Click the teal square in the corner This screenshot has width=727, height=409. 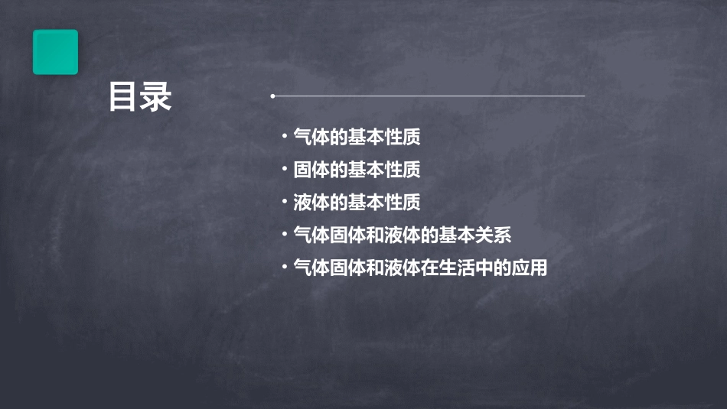click(x=55, y=52)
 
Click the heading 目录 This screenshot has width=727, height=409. click(x=140, y=98)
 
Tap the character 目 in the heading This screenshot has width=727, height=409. click(x=123, y=98)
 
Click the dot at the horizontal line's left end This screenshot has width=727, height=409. click(x=272, y=96)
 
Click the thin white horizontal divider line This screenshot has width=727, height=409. click(x=429, y=96)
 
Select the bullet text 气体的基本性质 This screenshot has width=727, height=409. click(x=357, y=138)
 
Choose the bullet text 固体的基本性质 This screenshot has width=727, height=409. click(x=357, y=170)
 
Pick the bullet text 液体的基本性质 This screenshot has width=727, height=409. click(x=357, y=203)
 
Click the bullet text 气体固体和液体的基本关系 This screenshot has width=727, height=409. click(x=402, y=235)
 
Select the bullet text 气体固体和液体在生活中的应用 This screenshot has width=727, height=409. click(x=420, y=268)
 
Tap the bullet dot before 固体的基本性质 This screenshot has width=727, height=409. click(x=284, y=169)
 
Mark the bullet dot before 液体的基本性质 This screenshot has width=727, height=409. click(x=284, y=202)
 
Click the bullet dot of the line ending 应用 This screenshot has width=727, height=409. click(x=284, y=268)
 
